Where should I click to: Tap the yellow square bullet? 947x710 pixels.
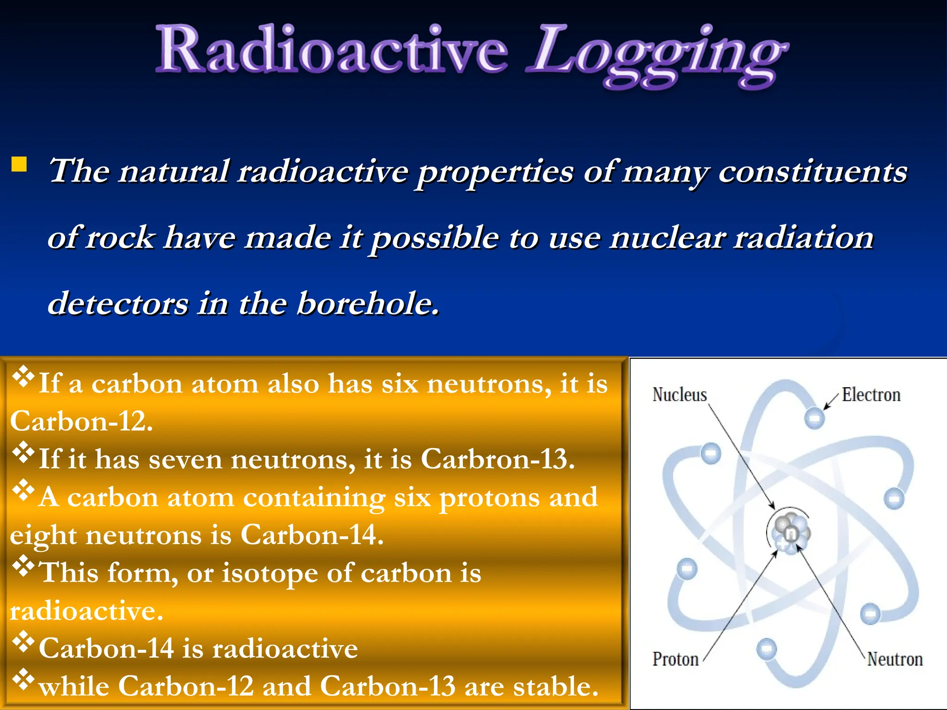tap(19, 164)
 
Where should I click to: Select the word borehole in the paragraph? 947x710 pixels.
tap(368, 304)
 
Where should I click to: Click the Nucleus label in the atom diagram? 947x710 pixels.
tap(679, 395)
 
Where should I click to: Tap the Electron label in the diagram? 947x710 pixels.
tap(871, 395)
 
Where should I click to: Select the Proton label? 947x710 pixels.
tap(675, 659)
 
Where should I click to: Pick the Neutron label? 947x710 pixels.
tap(895, 659)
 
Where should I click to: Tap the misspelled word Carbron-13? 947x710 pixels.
tap(497, 459)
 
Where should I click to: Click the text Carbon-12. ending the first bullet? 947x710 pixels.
tap(81, 422)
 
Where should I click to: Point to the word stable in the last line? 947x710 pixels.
tap(555, 686)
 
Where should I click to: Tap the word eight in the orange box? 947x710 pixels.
tap(43, 536)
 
